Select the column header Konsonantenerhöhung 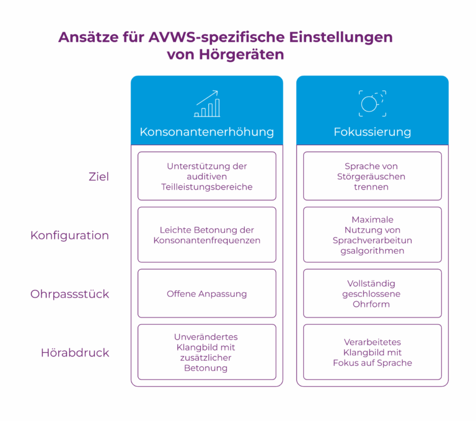207,132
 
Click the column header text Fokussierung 372,132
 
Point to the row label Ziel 99,177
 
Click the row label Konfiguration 69,236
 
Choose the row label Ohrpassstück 69,294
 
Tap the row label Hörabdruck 75,353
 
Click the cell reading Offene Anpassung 207,293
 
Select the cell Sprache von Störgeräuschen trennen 372,176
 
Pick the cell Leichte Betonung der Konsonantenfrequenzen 207,235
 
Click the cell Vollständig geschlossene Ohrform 372,293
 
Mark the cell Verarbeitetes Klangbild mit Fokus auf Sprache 372,352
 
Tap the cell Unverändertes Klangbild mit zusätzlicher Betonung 207,352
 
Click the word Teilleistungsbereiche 207,187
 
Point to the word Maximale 372,219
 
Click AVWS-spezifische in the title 216,38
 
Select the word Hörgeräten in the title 241,55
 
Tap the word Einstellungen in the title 341,38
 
